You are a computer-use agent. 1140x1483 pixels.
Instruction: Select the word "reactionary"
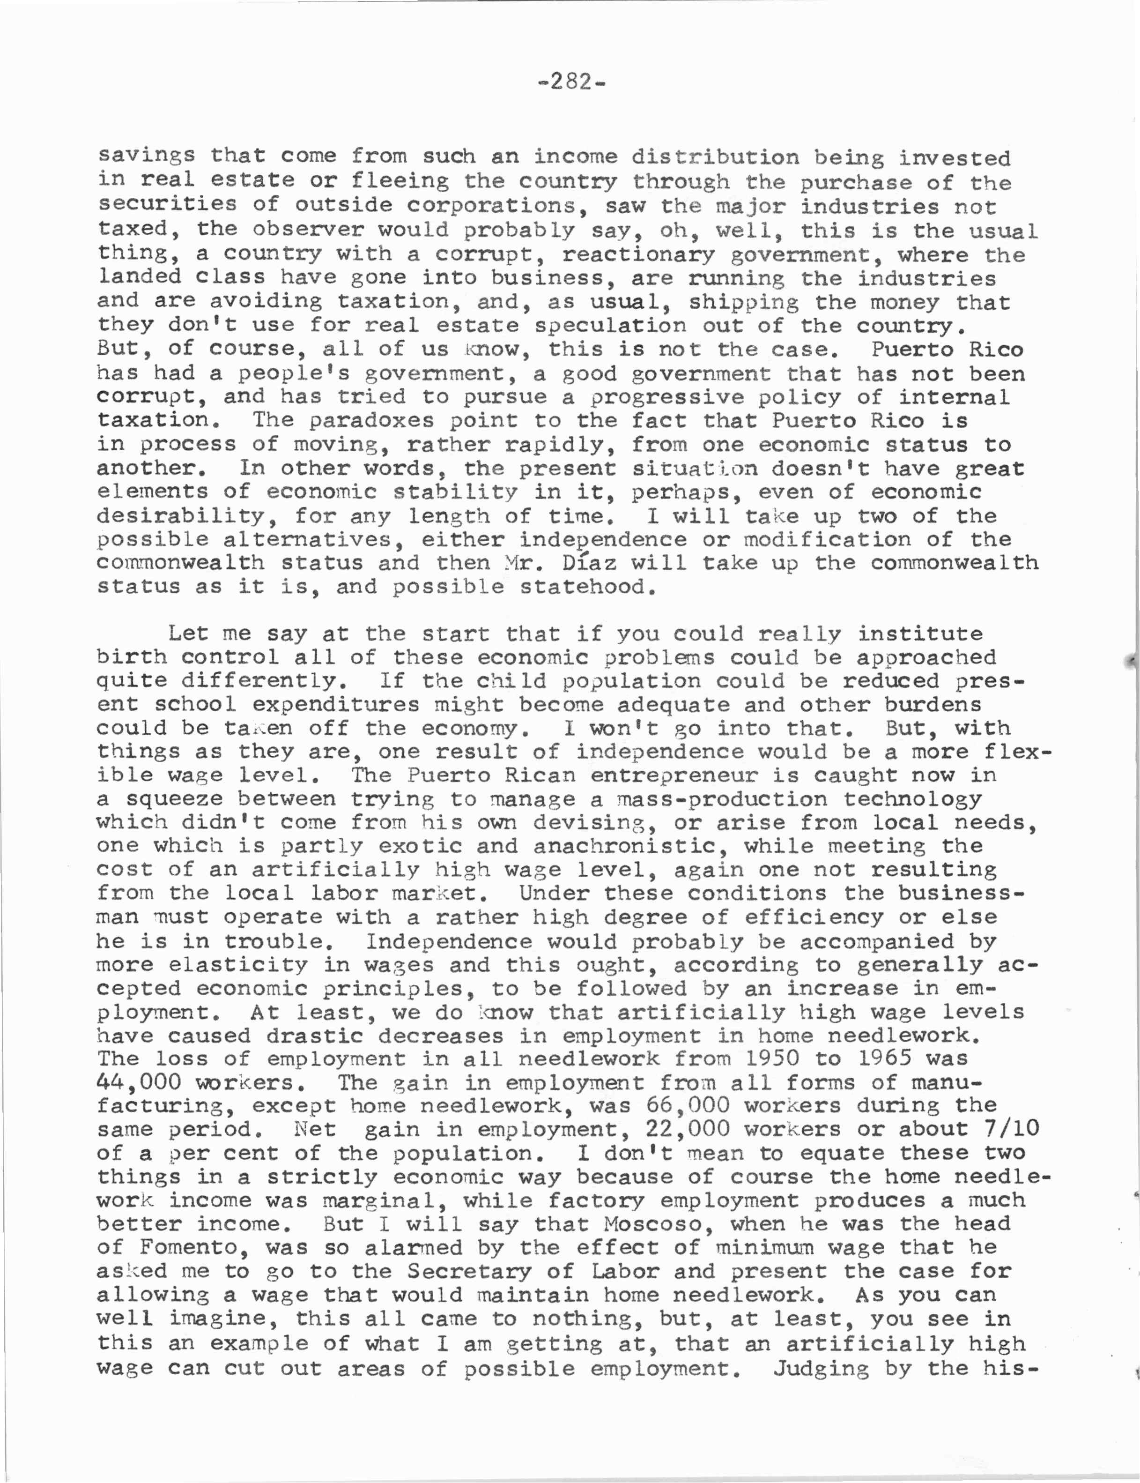[638, 254]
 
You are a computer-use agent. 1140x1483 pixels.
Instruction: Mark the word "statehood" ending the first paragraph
[588, 587]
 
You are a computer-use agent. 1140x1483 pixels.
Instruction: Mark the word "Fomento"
[195, 1247]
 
